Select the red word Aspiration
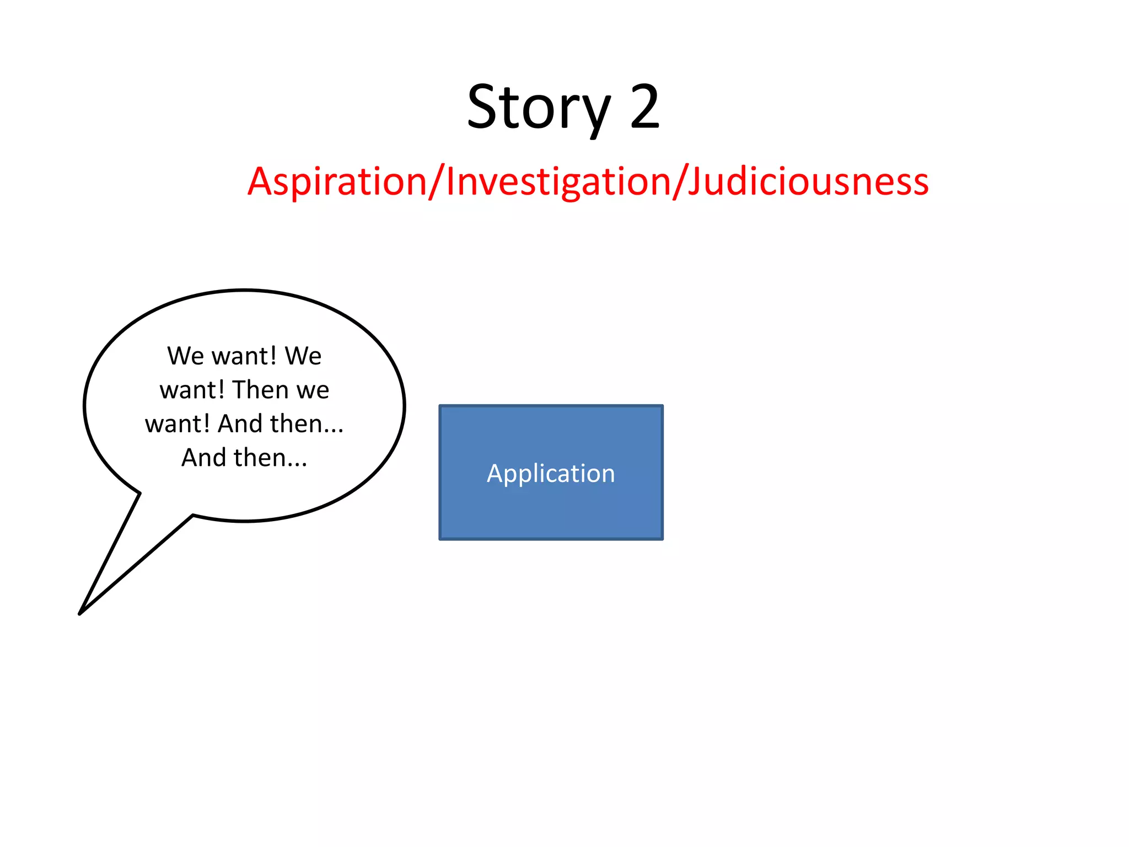337,181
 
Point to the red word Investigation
557,181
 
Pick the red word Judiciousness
808,181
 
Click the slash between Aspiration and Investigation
436,181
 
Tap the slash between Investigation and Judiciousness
679,181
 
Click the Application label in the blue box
551,474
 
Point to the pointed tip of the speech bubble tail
80,613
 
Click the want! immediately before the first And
178,425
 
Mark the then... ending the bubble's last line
270,458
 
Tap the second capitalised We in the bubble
303,356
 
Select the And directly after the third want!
240,424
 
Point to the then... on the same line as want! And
307,424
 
